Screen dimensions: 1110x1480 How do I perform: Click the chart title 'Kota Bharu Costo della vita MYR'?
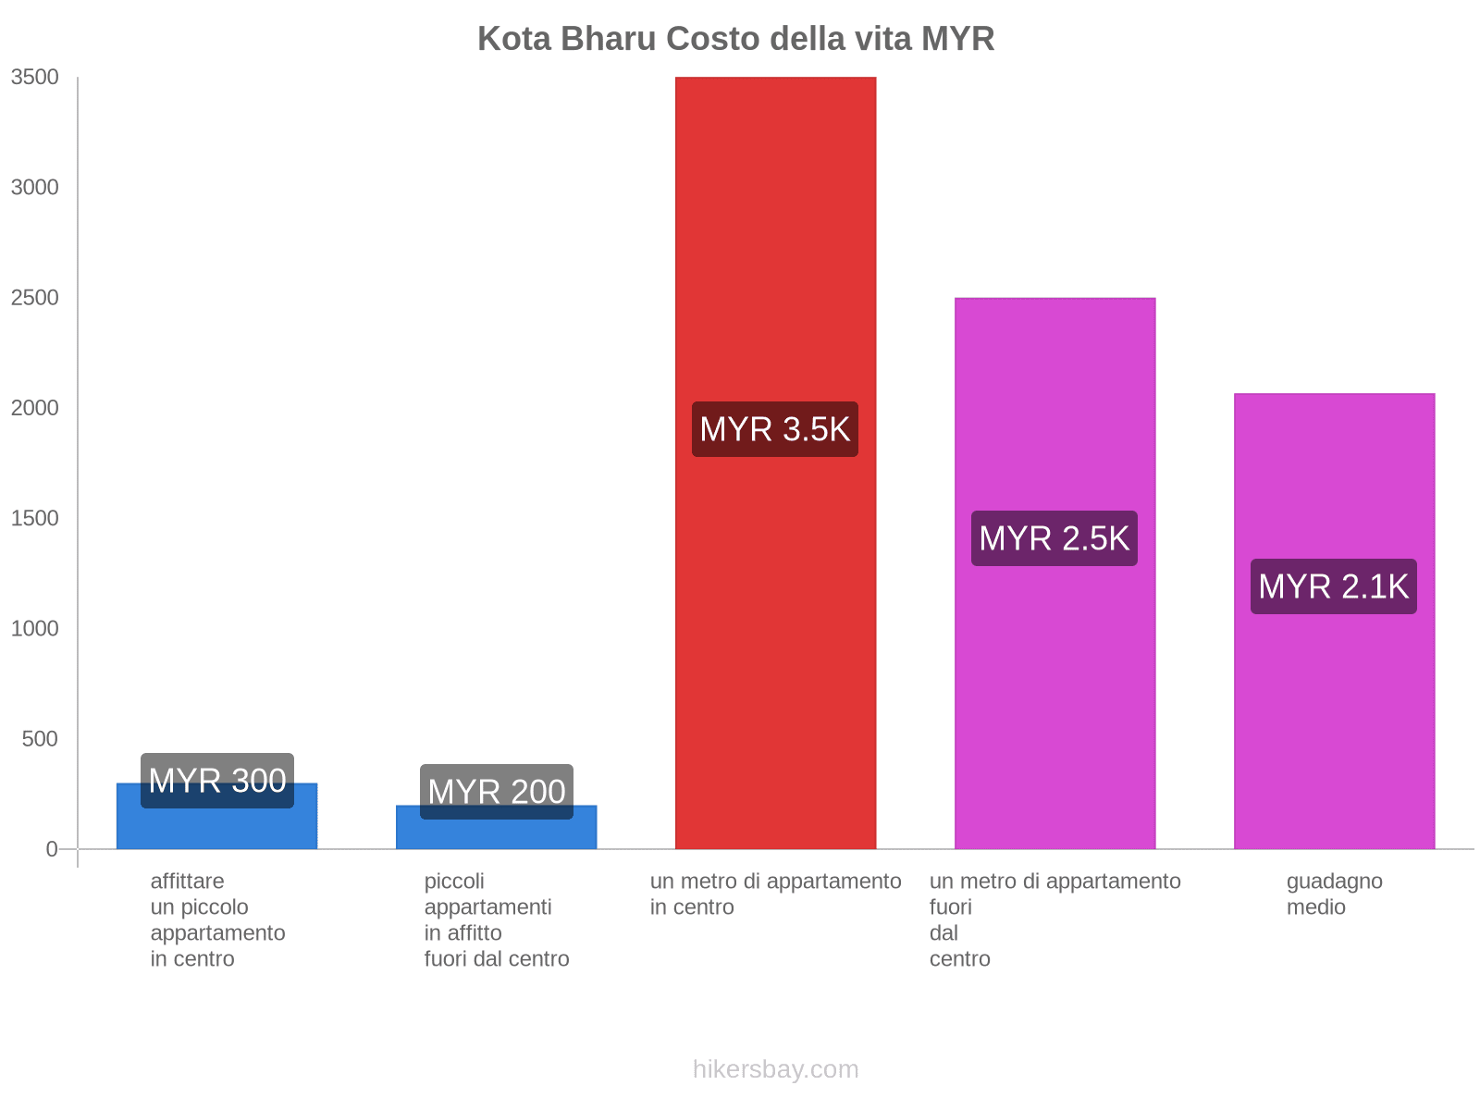(735, 39)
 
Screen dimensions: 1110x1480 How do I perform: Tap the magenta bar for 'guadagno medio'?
(1334, 721)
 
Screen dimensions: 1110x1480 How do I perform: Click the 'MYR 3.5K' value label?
(775, 429)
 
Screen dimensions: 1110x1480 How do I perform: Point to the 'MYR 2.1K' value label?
(1334, 586)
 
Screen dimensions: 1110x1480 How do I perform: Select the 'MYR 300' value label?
(217, 781)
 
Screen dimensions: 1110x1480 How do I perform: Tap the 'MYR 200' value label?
(497, 792)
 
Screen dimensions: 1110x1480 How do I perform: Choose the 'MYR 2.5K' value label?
(1054, 538)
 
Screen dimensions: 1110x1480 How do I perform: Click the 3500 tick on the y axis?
(35, 78)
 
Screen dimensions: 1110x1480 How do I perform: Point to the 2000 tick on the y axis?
(35, 408)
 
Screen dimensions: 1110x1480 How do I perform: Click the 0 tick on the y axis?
(52, 849)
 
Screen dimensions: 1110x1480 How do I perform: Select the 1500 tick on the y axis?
(35, 518)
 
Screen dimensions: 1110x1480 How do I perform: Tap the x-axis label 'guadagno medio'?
(1334, 894)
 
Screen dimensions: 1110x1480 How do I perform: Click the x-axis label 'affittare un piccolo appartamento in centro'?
(217, 919)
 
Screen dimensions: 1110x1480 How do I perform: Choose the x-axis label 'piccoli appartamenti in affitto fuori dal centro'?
(497, 919)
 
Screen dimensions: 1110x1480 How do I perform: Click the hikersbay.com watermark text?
(775, 1069)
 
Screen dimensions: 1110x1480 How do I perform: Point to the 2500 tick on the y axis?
(35, 298)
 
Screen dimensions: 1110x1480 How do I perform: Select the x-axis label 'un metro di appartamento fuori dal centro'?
(1054, 919)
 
